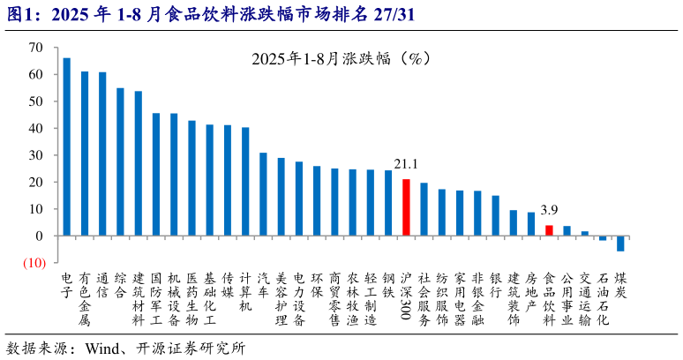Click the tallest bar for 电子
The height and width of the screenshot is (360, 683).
pyautogui.click(x=67, y=146)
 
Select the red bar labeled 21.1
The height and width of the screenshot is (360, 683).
pyautogui.click(x=406, y=207)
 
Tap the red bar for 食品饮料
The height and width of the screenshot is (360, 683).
pyautogui.click(x=549, y=230)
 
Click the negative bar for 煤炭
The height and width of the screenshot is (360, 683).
pyautogui.click(x=620, y=244)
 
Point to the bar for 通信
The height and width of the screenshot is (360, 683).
pyautogui.click(x=102, y=154)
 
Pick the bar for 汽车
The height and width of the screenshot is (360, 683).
pyautogui.click(x=263, y=194)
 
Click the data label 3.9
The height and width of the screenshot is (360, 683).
pyautogui.click(x=549, y=210)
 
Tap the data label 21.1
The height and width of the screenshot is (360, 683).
pyautogui.click(x=406, y=164)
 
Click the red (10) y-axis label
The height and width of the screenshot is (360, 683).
pyautogui.click(x=34, y=263)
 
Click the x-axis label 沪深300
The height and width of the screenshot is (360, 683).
pyautogui.click(x=406, y=296)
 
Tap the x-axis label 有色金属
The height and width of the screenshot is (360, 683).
pyautogui.click(x=85, y=298)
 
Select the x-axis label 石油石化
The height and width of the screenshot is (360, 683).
pyautogui.click(x=603, y=298)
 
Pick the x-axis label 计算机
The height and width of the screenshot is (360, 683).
pyautogui.click(x=245, y=291)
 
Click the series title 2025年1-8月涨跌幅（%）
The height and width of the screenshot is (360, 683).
pyautogui.click(x=340, y=59)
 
